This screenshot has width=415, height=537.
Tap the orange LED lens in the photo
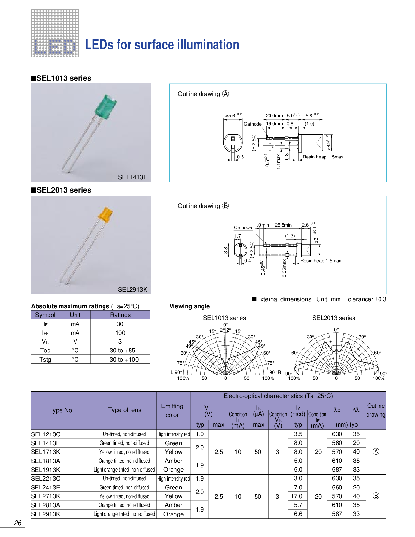coord(105,214)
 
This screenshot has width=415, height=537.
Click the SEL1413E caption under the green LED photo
coord(132,177)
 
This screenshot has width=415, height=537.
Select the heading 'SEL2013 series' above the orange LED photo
coord(61,190)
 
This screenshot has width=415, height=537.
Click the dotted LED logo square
coord(55,34)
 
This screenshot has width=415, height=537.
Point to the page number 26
coord(18,523)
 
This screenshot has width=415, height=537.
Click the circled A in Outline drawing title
coord(226,94)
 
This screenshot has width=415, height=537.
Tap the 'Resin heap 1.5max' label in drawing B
coord(321,261)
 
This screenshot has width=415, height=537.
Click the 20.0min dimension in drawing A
coord(274,116)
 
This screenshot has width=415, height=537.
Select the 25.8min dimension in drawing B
coord(283,225)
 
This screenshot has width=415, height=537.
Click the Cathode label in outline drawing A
coord(253,124)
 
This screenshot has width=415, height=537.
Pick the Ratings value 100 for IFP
coord(120,333)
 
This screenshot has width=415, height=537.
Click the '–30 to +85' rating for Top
coord(120,351)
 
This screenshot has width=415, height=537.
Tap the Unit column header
coord(75,315)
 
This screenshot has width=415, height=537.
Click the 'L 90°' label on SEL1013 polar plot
coord(176,372)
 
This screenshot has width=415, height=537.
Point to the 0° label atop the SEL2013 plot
coord(336,330)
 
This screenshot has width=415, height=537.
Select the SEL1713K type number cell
coord(46,452)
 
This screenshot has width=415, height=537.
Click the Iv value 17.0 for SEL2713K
coord(296,496)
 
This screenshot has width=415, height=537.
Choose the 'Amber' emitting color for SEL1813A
coord(173,461)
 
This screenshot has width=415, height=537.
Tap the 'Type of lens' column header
coord(125,410)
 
